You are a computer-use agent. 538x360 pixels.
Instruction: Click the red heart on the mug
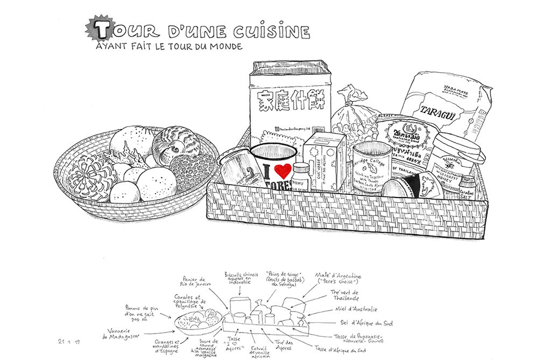(281, 172)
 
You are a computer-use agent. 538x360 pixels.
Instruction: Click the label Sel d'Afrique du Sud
(367, 323)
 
